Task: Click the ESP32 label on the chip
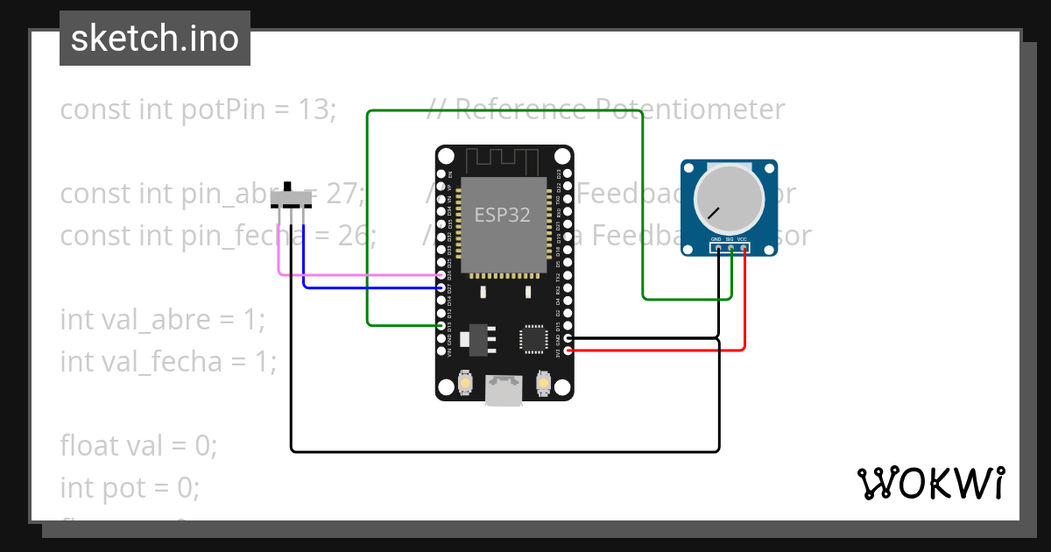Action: tap(503, 215)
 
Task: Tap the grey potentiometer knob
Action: tap(729, 196)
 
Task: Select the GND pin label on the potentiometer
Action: tap(716, 239)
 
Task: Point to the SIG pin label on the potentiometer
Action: tap(730, 239)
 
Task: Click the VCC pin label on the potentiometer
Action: tap(743, 239)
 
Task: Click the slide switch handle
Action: tap(288, 188)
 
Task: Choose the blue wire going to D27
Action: tap(368, 287)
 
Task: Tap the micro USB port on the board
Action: tap(504, 389)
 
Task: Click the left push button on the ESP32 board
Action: tap(466, 383)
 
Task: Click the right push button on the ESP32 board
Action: tap(543, 383)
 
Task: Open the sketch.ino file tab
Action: tap(155, 39)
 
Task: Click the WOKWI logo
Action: tap(930, 483)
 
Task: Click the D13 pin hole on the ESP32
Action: tap(441, 325)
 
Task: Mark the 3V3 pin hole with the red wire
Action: tap(569, 350)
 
